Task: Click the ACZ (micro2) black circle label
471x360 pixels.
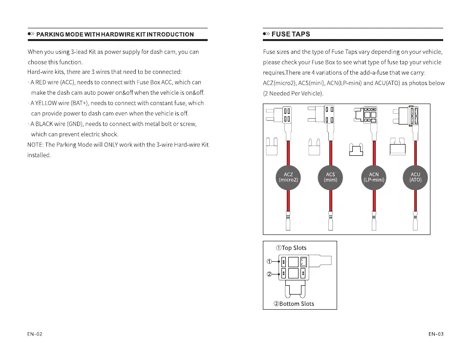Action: pyautogui.click(x=288, y=177)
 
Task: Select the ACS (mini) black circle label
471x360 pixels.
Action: pyautogui.click(x=331, y=177)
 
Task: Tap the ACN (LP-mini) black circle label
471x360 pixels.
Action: pyautogui.click(x=374, y=177)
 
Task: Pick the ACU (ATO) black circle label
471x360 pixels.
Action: pyautogui.click(x=415, y=177)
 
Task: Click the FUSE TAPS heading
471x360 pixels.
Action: pyautogui.click(x=290, y=34)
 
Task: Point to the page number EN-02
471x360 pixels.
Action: pyautogui.click(x=35, y=334)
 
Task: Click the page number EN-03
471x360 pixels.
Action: pyautogui.click(x=436, y=334)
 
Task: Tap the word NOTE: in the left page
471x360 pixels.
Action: pyautogui.click(x=36, y=145)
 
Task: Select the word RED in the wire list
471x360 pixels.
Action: pyautogui.click(x=40, y=83)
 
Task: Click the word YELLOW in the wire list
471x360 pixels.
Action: pyautogui.click(x=46, y=104)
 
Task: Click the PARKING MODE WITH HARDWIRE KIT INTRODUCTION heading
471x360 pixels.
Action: pyautogui.click(x=115, y=34)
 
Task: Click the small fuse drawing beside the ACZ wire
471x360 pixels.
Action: pyautogui.click(x=272, y=147)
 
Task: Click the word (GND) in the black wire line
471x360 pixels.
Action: pyautogui.click(x=75, y=124)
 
